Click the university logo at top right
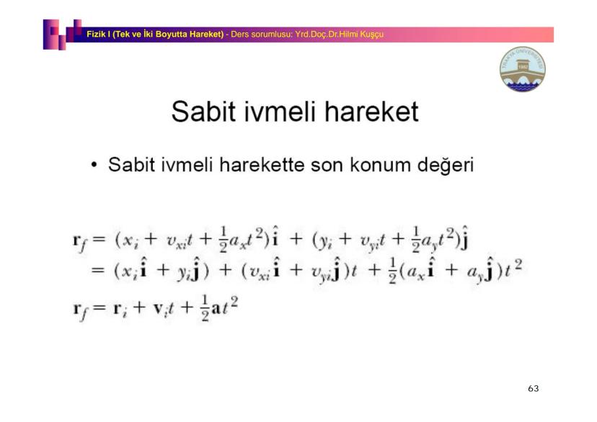[x=523, y=71]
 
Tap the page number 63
[x=533, y=388]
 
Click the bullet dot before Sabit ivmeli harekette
[x=94, y=165]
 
